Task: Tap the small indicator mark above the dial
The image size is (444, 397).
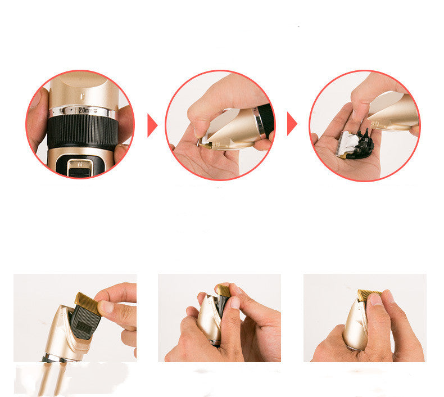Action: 84,89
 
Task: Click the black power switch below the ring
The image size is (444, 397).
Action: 79,167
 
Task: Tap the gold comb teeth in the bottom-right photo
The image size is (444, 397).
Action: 369,294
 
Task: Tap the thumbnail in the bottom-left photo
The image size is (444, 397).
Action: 106,308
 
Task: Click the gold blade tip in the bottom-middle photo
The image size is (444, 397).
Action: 223,290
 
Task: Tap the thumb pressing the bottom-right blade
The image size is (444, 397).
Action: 377,304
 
